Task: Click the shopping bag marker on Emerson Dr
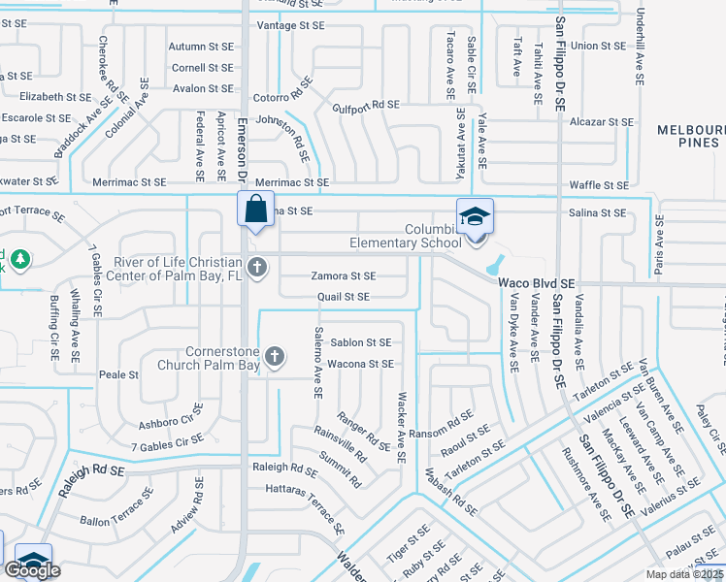tap(254, 210)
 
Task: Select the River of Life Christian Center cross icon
tap(256, 267)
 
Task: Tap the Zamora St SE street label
tap(343, 276)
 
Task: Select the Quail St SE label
tap(344, 297)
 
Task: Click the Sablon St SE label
tap(361, 342)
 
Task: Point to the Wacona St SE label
tap(360, 364)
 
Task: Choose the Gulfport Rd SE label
tap(366, 105)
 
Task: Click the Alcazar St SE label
tap(602, 122)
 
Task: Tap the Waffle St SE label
tap(598, 185)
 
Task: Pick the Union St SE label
tap(598, 46)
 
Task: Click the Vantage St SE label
tap(292, 26)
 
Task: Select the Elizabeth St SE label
tap(54, 97)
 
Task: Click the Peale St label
tap(119, 374)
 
